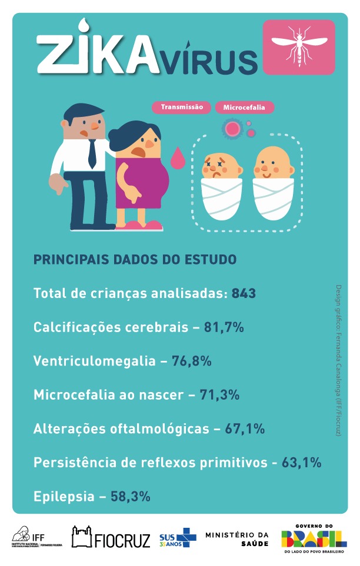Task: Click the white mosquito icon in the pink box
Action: click(x=298, y=47)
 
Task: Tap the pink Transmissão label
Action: click(x=182, y=108)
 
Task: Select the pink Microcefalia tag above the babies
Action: click(x=244, y=108)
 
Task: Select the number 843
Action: click(x=244, y=293)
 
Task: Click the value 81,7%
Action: click(x=224, y=327)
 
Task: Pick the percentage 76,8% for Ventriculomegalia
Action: click(x=192, y=361)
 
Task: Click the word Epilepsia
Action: click(x=64, y=496)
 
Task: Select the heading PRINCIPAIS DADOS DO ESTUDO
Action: click(x=135, y=259)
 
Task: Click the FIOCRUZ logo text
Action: click(x=122, y=538)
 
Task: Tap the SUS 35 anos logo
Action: click(x=178, y=538)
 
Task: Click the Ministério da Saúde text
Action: click(x=237, y=538)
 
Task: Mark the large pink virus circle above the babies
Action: click(x=233, y=127)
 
